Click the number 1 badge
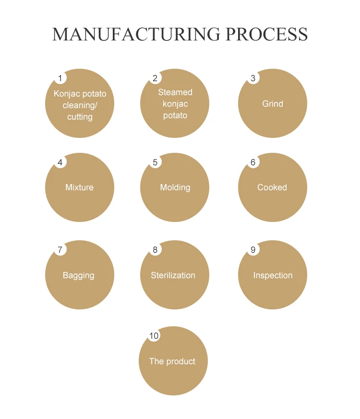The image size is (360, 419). click(60, 78)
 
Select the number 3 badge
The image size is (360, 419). click(253, 78)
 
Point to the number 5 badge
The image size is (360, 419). click(155, 162)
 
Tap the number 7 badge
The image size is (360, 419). click(60, 249)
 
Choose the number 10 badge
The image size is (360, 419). click(154, 335)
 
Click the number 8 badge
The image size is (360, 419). click(155, 249)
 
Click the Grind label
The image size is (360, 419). click(273, 104)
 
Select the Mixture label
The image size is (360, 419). click(79, 187)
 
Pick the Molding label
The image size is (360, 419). click(175, 187)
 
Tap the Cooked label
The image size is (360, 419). click(272, 187)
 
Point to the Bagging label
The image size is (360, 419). click(78, 275)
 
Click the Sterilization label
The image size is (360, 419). click(173, 275)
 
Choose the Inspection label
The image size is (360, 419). click(273, 275)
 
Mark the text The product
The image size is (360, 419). click(172, 361)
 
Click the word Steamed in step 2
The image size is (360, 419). click(175, 92)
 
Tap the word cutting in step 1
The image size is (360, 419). click(80, 117)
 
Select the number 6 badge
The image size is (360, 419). click(253, 162)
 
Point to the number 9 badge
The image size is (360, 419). click(253, 249)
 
